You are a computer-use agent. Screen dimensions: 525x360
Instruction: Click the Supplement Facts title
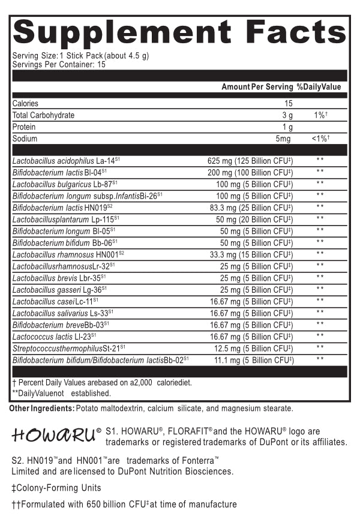pyautogui.click(x=180, y=32)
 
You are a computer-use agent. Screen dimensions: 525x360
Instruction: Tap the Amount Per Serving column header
pyautogui.click(x=257, y=87)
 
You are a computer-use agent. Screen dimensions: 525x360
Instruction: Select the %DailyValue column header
pyautogui.click(x=319, y=87)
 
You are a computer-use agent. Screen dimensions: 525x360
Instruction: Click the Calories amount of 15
pyautogui.click(x=289, y=104)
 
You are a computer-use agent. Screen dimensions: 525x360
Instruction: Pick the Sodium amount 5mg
pyautogui.click(x=284, y=139)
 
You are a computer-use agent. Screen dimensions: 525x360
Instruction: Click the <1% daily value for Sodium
pyautogui.click(x=320, y=139)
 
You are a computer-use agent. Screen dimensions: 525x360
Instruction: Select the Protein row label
pyautogui.click(x=24, y=127)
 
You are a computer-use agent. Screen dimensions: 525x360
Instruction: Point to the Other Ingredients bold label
pyautogui.click(x=41, y=409)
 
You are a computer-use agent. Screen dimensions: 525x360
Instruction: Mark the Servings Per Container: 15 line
pyautogui.click(x=59, y=64)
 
